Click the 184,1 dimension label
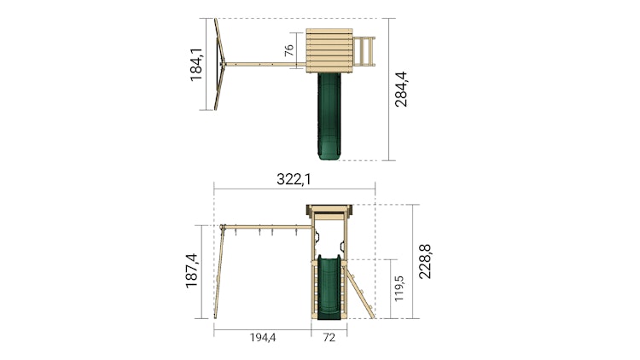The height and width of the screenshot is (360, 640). pos(196,65)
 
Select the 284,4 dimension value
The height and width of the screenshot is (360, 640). pos(401,90)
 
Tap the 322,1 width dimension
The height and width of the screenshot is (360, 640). pos(294,179)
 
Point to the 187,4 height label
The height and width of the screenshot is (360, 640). pos(191,270)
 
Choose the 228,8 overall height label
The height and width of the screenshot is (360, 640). pos(425,262)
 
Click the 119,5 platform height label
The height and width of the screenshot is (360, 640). pos(399,288)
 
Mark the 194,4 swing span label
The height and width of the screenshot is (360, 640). pos(263,338)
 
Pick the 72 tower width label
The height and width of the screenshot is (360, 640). pos(329,338)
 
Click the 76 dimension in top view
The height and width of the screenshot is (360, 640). pos(288,49)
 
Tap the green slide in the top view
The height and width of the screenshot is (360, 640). pos(329,116)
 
